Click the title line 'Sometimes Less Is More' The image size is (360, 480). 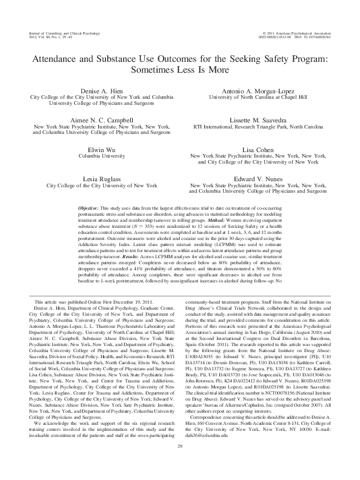pos(179,69)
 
